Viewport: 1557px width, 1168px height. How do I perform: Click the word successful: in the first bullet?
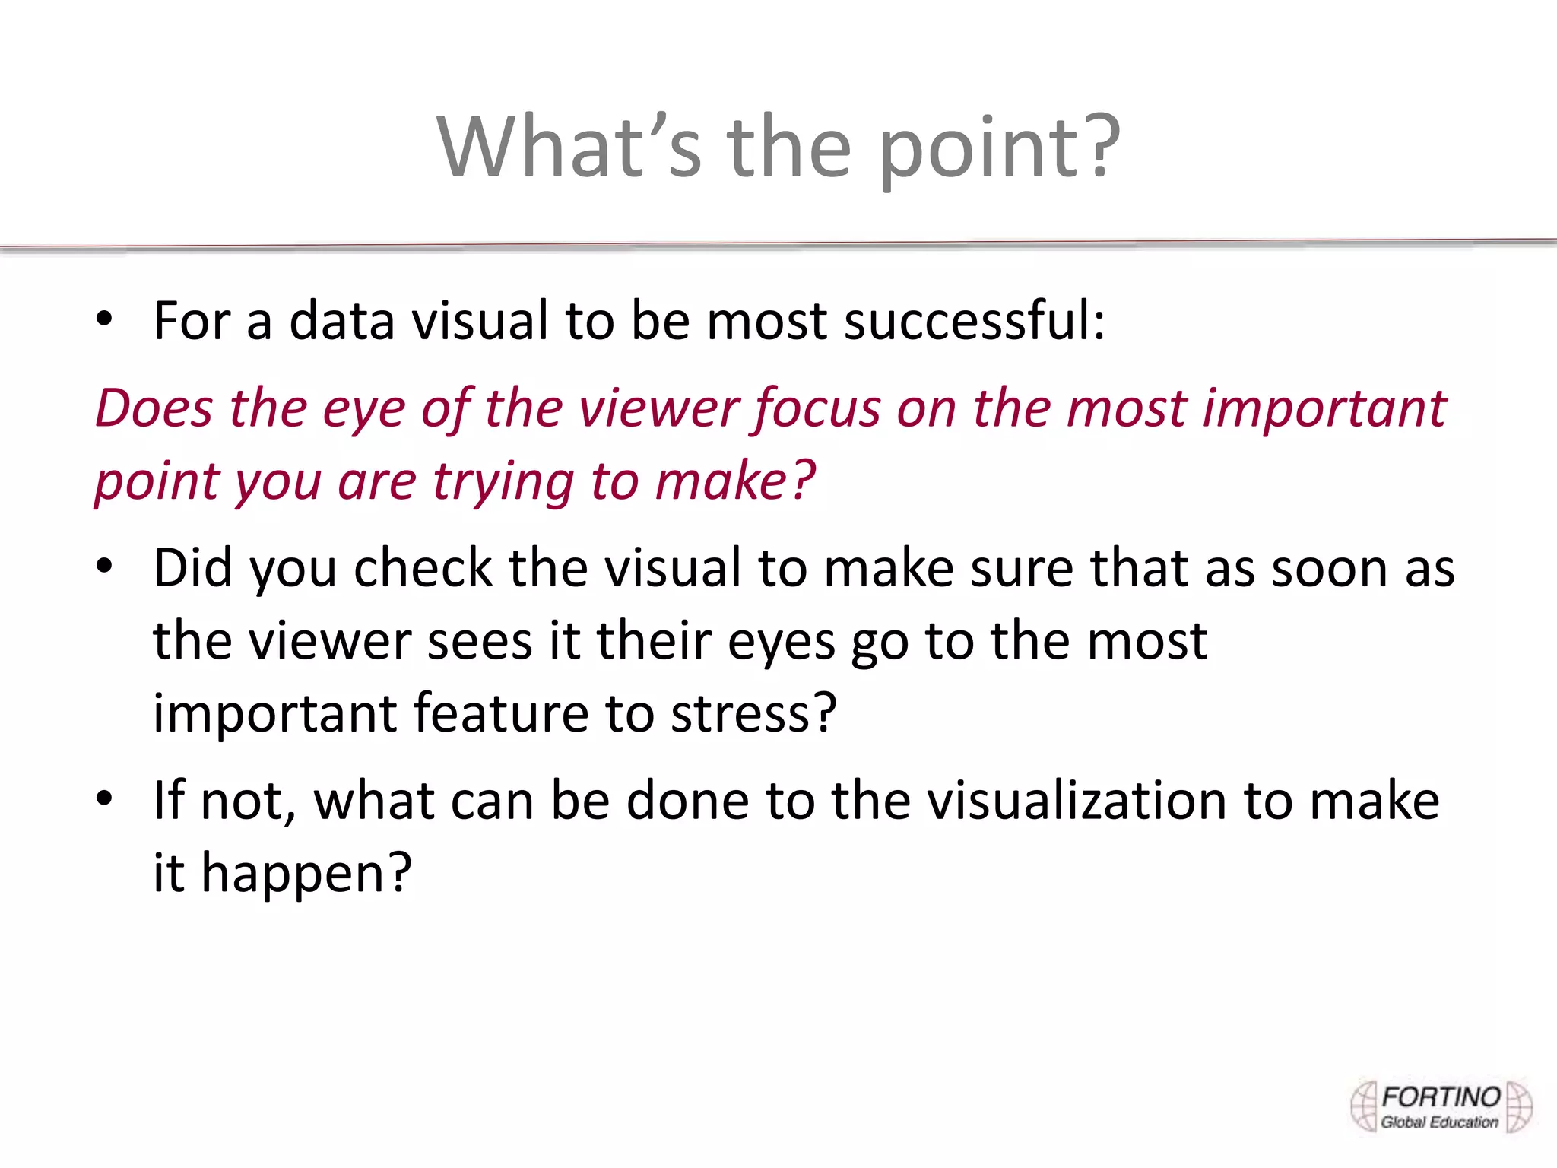coord(975,321)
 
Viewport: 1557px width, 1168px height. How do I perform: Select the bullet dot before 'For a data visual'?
coord(104,319)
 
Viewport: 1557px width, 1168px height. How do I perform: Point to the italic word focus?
coord(816,409)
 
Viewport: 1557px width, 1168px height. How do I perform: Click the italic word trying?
coord(503,482)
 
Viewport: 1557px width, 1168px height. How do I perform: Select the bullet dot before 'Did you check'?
coord(104,567)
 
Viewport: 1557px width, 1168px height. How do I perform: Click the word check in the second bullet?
coord(423,568)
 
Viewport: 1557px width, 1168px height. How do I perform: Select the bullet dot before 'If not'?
coord(104,799)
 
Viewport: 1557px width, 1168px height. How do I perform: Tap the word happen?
coord(306,874)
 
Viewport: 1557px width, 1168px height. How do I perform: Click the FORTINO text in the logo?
coord(1441,1097)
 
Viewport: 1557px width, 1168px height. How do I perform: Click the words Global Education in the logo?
coord(1439,1122)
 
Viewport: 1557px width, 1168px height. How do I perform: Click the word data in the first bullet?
coord(341,321)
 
